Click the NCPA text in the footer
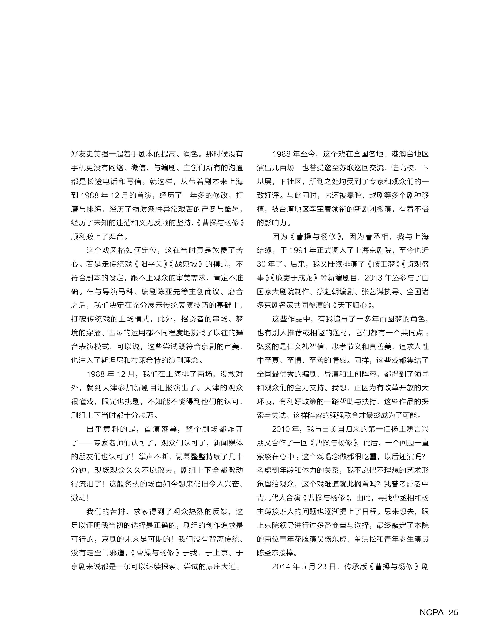[431, 612]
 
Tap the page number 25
[453, 612]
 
